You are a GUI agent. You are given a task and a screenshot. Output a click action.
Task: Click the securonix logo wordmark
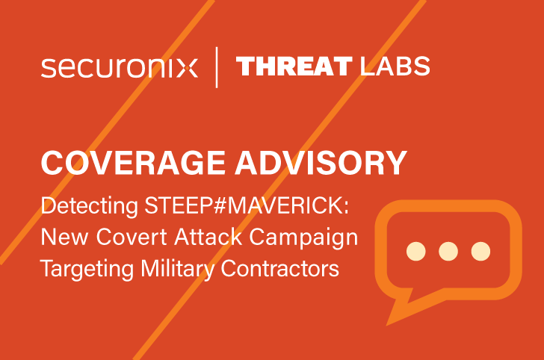click(120, 67)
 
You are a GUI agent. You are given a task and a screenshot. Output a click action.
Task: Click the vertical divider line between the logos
click(217, 67)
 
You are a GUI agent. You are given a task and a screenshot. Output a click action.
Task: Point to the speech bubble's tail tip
click(389, 322)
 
